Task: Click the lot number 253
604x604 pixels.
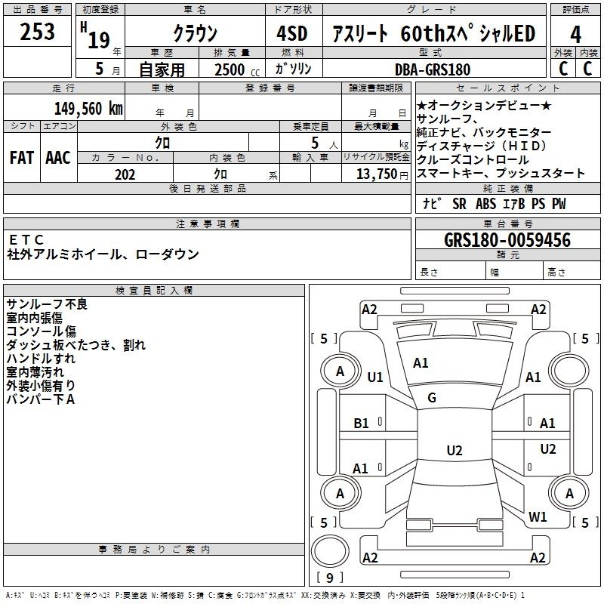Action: pos(38,32)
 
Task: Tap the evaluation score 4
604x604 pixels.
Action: pos(575,34)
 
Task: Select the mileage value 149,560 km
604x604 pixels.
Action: pos(88,108)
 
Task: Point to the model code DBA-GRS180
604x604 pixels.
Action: pos(431,69)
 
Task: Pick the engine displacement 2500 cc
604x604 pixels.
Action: pos(234,69)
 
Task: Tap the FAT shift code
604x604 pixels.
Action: pos(21,158)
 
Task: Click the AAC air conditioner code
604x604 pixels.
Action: pos(57,158)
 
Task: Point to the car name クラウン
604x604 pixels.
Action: pos(194,34)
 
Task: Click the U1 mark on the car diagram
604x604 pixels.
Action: pos(375,377)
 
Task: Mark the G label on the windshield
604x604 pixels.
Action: pos(432,398)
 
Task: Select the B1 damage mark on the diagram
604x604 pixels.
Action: pos(362,424)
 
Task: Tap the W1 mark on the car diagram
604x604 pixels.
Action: pos(538,517)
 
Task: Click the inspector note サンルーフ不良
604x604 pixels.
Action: pos(47,304)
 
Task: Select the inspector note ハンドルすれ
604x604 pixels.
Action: pos(41,359)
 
